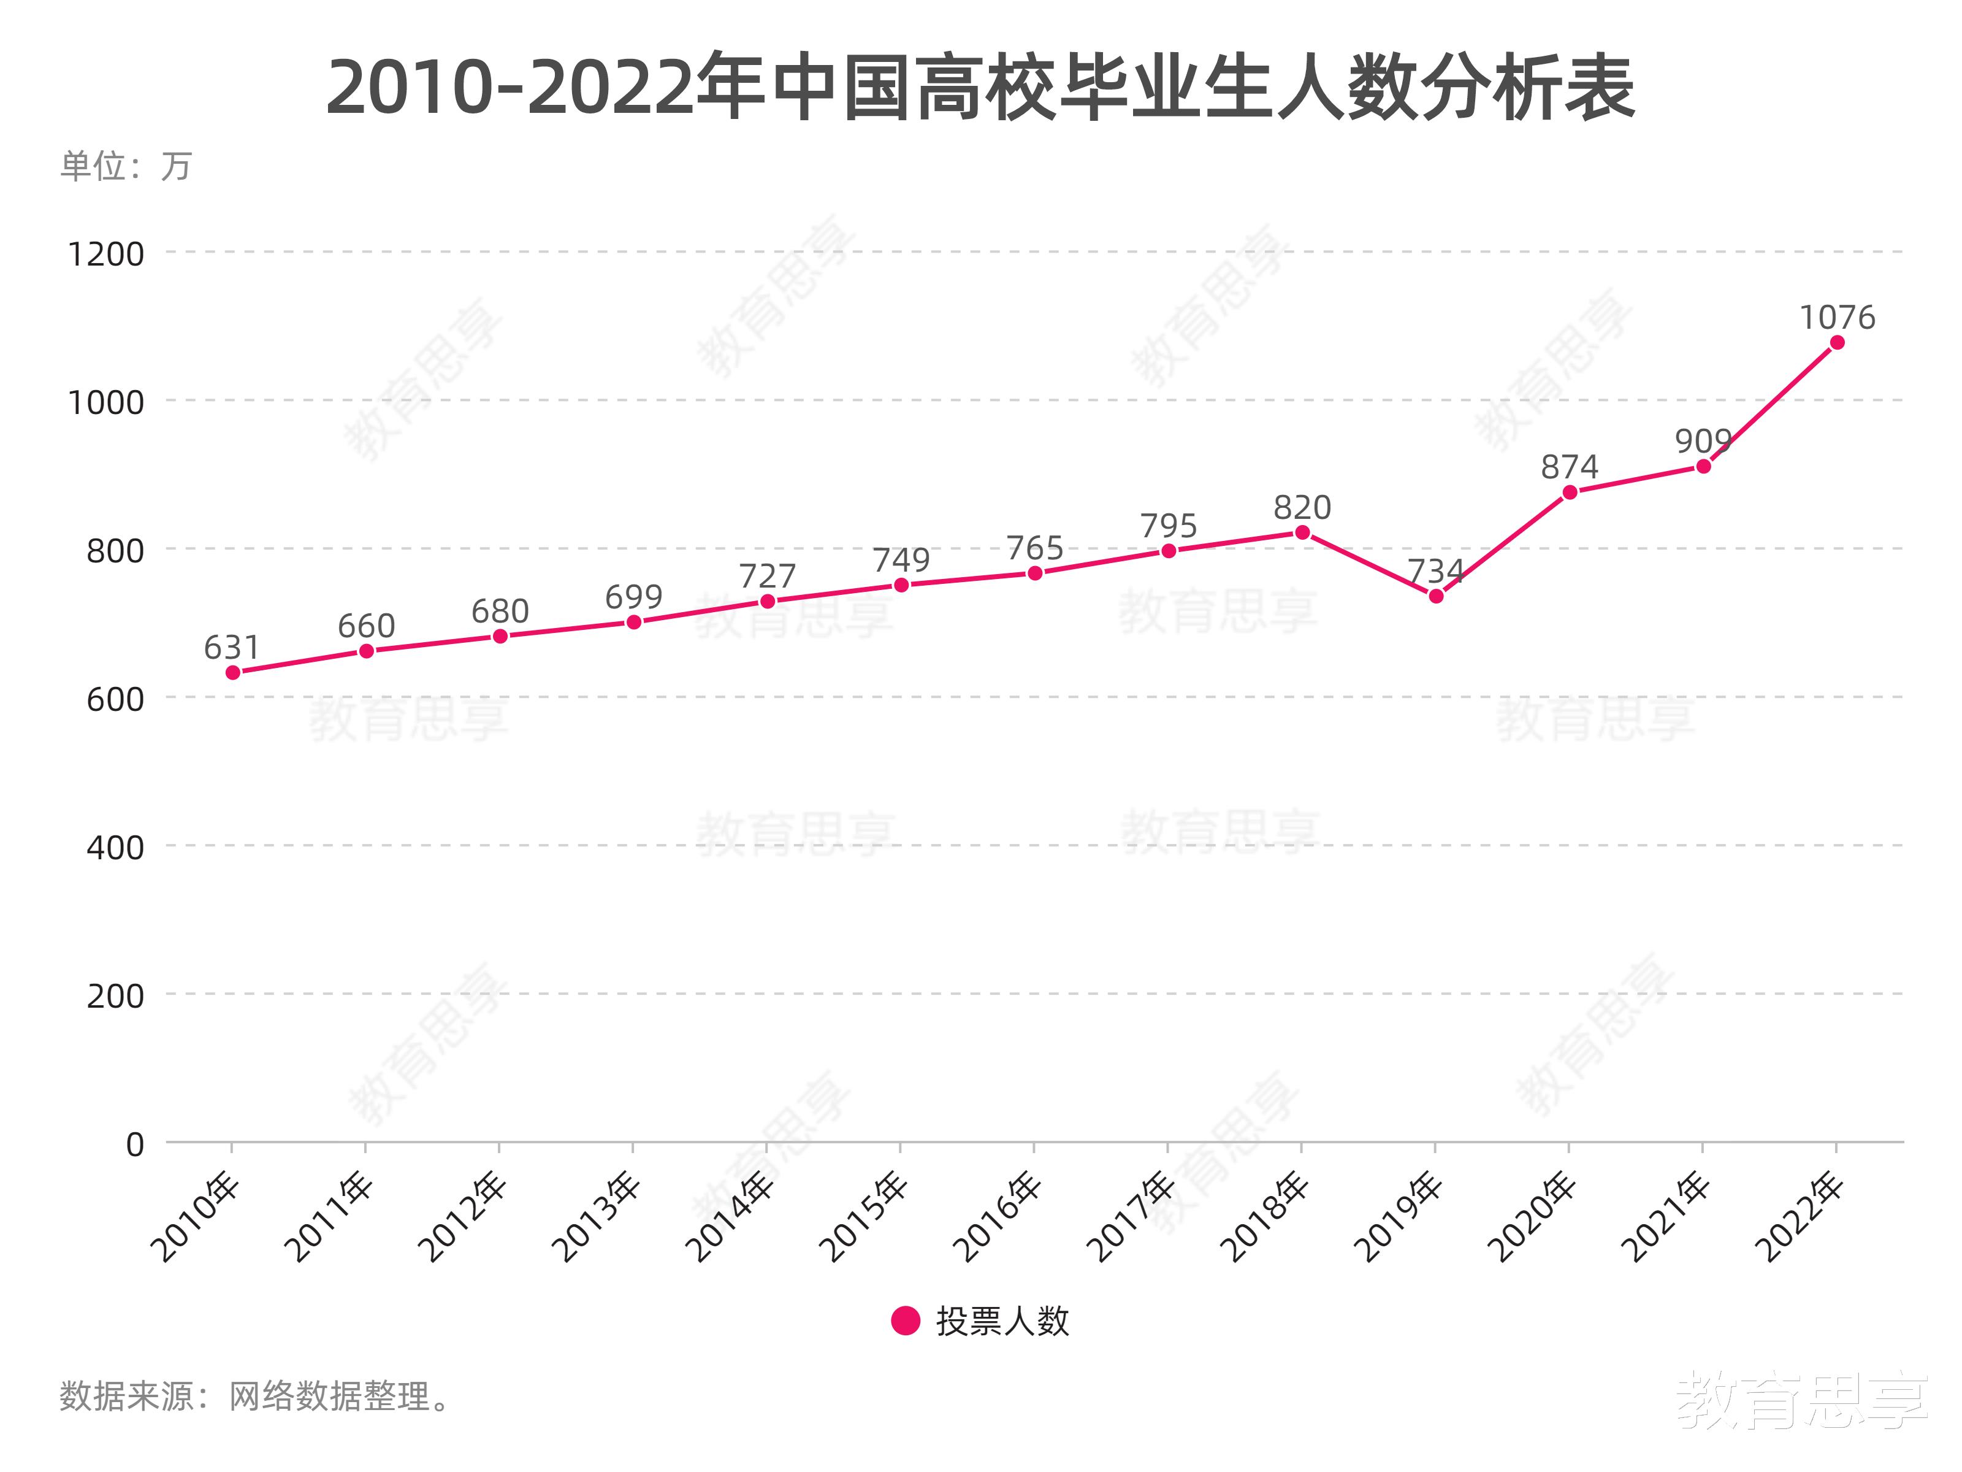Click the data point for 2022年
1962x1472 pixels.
click(1837, 342)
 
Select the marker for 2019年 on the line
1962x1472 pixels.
click(1436, 596)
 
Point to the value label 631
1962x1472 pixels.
click(232, 648)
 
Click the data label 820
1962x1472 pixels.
click(1302, 507)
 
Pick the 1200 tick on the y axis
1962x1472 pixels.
click(105, 255)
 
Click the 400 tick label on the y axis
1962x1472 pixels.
click(115, 848)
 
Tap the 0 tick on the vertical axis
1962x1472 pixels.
click(135, 1144)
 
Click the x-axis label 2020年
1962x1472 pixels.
click(1535, 1217)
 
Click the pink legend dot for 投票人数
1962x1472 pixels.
click(906, 1321)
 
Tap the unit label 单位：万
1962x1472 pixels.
click(126, 167)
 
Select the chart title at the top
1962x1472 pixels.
click(980, 89)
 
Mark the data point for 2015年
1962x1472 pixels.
click(901, 585)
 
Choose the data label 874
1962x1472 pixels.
click(1569, 467)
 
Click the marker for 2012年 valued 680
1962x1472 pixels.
click(500, 636)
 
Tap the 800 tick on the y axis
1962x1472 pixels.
click(115, 551)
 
